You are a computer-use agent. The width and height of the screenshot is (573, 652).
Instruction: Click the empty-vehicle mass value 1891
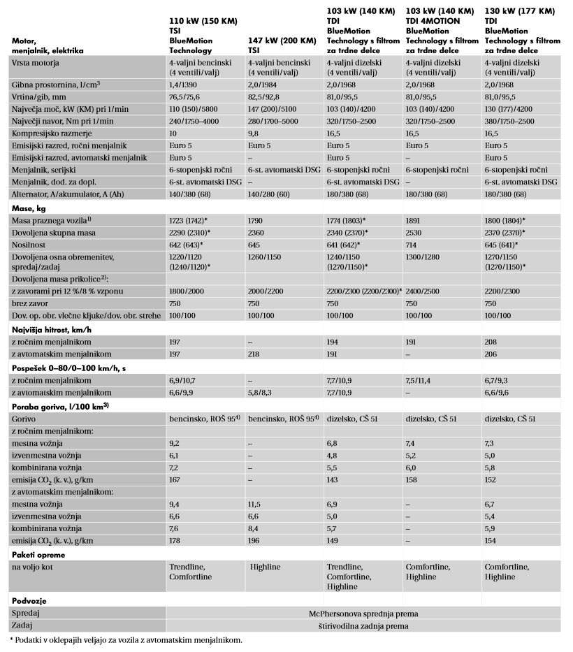pos(416,220)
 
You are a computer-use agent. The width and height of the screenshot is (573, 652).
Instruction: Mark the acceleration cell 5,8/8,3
pos(262,393)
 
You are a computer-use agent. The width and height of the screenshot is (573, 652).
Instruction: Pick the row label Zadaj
pos(23,625)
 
